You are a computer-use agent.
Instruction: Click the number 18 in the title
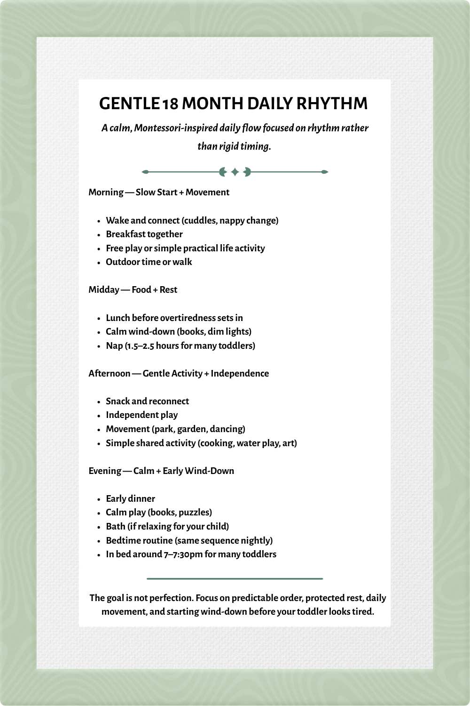pos(170,104)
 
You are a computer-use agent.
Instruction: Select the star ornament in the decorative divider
pos(235,172)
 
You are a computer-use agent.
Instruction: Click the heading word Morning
pos(106,192)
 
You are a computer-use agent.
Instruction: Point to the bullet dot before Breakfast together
pos(99,235)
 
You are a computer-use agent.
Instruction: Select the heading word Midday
pos(104,289)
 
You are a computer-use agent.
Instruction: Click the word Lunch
pos(117,318)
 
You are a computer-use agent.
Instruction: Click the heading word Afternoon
pos(110,373)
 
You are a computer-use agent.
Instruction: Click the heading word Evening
pos(105,471)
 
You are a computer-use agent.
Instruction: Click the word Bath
pos(116,526)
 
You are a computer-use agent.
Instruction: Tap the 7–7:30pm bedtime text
pos(183,554)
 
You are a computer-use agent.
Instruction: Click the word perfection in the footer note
pos(171,598)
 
